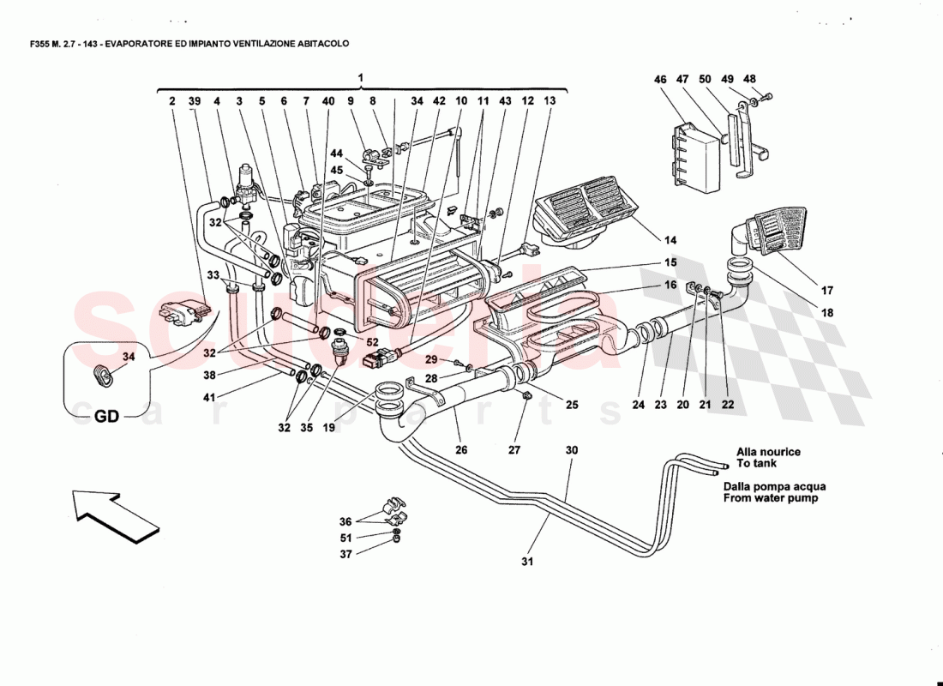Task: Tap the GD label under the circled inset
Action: pos(106,416)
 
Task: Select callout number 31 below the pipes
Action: pos(527,563)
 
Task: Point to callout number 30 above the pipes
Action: pos(571,449)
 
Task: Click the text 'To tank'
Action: pos(755,464)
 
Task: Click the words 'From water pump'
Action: pos(770,498)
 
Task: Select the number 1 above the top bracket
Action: pos(361,78)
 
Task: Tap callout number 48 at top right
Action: pos(750,79)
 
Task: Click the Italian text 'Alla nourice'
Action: pos(767,451)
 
